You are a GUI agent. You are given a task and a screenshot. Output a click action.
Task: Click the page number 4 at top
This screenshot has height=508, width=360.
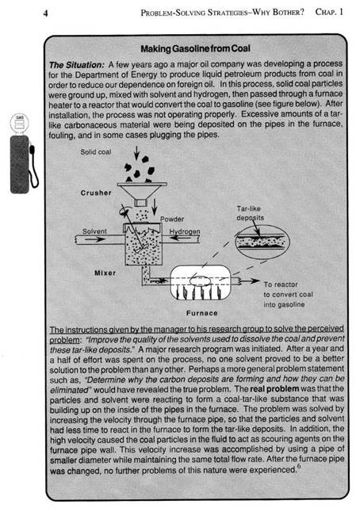46,13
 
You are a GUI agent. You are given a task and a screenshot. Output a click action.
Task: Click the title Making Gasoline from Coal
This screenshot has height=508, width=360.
195,49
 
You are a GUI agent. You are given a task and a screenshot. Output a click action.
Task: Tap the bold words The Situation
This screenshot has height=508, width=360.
77,65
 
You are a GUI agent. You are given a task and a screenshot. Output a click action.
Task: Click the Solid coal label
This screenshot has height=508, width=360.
96,151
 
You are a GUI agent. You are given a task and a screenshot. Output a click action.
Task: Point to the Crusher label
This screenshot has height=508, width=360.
96,193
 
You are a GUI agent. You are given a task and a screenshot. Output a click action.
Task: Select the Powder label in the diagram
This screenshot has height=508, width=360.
172,220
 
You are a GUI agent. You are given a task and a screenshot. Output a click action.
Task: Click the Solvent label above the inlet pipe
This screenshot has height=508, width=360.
94,231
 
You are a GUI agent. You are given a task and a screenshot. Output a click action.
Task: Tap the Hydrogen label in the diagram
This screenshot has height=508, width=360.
185,231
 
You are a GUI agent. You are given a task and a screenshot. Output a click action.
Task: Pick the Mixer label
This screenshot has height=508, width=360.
105,273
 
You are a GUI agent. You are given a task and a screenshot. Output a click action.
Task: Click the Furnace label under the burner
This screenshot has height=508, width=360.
202,313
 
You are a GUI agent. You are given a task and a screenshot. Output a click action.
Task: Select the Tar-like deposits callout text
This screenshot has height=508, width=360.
250,213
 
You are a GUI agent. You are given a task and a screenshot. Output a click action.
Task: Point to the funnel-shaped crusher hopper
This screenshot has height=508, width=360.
142,193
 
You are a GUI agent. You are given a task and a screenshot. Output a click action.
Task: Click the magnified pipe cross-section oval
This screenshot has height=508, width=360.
262,242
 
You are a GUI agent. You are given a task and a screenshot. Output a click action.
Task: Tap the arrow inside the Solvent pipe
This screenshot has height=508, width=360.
95,239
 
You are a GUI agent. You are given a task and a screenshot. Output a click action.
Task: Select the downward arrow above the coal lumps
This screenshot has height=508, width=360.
136,153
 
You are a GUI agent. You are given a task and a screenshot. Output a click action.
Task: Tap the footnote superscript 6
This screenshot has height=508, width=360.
298,467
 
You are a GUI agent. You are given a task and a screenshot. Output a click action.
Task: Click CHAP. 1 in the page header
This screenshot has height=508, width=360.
329,13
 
